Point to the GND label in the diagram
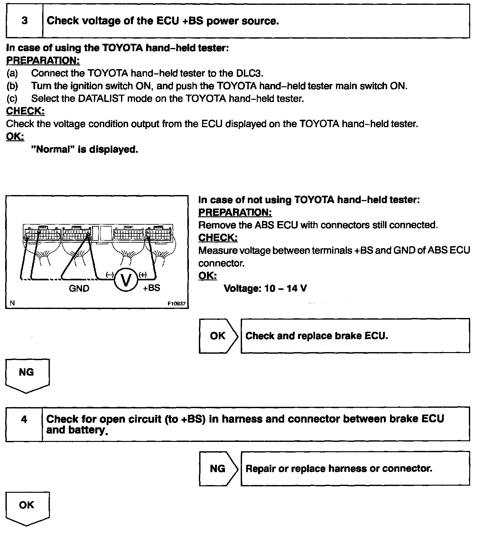[x=79, y=288]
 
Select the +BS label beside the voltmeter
[x=151, y=288]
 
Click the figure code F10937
[x=177, y=304]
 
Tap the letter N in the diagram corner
[x=12, y=303]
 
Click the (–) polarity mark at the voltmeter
[x=110, y=275]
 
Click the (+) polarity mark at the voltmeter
[x=143, y=275]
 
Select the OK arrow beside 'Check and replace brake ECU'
[x=218, y=336]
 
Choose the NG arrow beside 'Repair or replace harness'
[x=218, y=469]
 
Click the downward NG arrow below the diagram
[x=27, y=375]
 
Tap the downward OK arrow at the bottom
[x=27, y=508]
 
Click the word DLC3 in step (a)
[x=249, y=73]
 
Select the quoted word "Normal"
[x=53, y=150]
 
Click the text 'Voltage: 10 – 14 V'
[x=265, y=288]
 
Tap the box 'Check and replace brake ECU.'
[x=355, y=336]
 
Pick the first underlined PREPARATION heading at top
[x=43, y=61]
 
